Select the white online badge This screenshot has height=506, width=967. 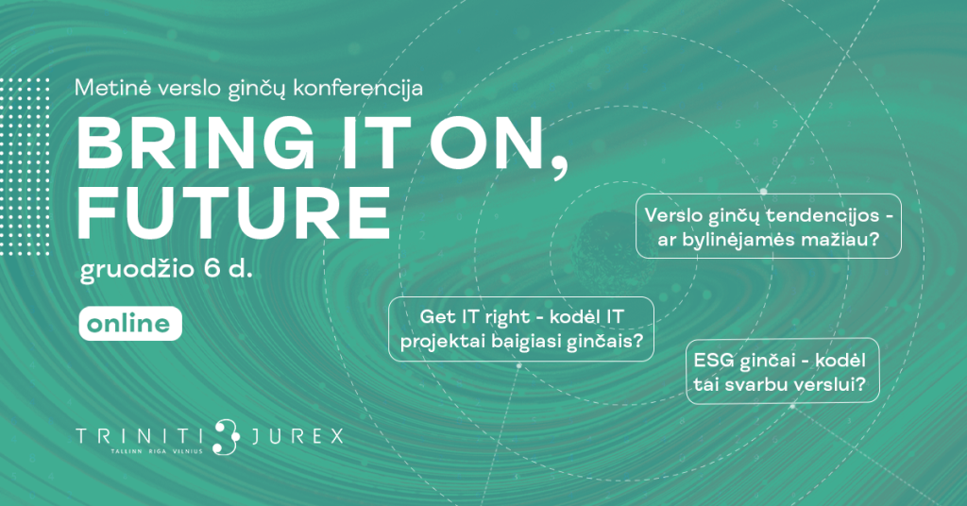pos(130,324)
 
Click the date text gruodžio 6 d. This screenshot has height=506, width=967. pos(166,270)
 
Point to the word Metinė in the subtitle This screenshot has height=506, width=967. pos(113,88)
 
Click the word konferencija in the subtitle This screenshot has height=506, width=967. pos(358,89)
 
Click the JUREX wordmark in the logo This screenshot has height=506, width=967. pos(297,436)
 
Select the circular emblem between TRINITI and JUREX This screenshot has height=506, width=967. pos(227,437)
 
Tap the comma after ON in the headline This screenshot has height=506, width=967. pos(560,169)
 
